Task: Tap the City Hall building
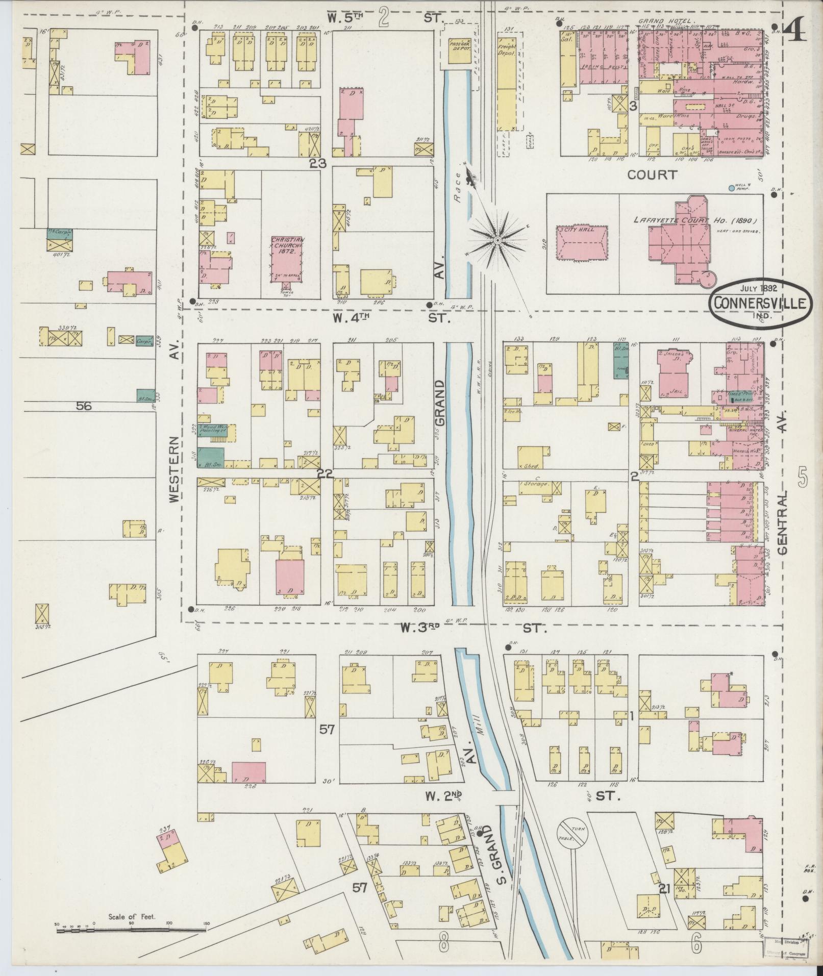[582, 245]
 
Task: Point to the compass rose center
[497, 239]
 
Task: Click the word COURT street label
[651, 175]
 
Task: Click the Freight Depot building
[507, 82]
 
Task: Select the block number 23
[317, 163]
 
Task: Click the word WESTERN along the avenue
[174, 470]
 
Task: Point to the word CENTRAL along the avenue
[783, 523]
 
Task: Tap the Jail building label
[670, 390]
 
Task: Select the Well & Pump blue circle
[732, 188]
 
